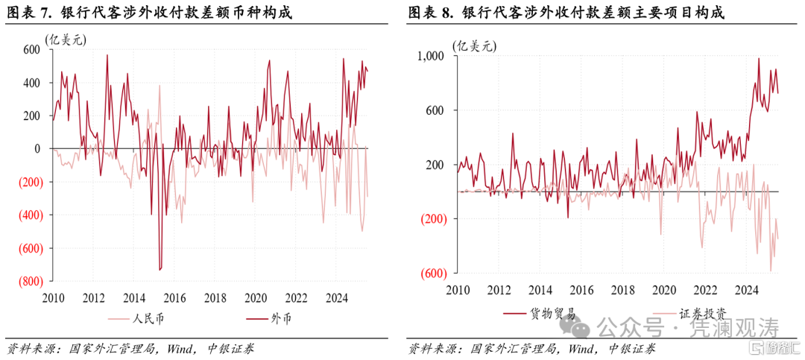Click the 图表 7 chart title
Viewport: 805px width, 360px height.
click(x=149, y=13)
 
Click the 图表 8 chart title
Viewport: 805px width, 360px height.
click(x=566, y=13)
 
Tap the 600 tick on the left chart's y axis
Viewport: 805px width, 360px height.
click(x=31, y=49)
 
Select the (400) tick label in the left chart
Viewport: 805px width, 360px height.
click(x=29, y=215)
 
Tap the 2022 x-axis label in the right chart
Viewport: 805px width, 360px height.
click(x=704, y=290)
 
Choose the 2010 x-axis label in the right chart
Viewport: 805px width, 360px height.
click(x=457, y=290)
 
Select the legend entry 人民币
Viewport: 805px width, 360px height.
click(x=136, y=319)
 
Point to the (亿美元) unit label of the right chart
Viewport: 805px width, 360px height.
click(x=473, y=45)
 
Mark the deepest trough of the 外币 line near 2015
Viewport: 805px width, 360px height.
click(x=160, y=270)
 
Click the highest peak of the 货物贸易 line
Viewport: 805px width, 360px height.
click(x=758, y=59)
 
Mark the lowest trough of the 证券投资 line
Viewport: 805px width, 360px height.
click(x=770, y=271)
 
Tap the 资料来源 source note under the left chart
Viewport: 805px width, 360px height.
click(x=130, y=350)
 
